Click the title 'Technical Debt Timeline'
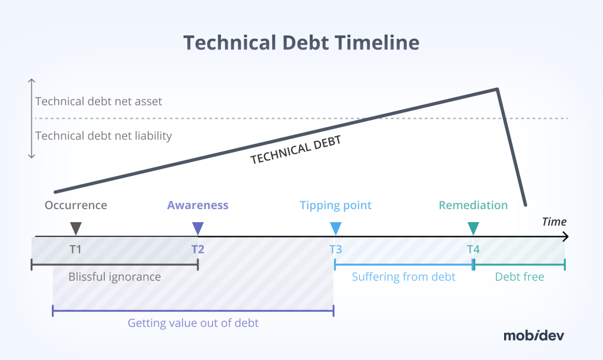301,42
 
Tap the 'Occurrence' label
76,205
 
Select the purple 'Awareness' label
197,205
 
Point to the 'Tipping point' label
336,205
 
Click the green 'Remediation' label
473,205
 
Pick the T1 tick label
75,249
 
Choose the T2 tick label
198,249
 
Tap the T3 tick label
336,249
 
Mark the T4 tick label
473,249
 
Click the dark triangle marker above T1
75,228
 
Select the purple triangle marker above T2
198,228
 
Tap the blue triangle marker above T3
336,228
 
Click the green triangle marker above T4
473,228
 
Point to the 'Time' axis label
554,222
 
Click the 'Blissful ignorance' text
114,276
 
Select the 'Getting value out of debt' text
193,323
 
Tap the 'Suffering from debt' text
403,276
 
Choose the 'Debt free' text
519,276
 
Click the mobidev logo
533,335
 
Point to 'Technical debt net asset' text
98,101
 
